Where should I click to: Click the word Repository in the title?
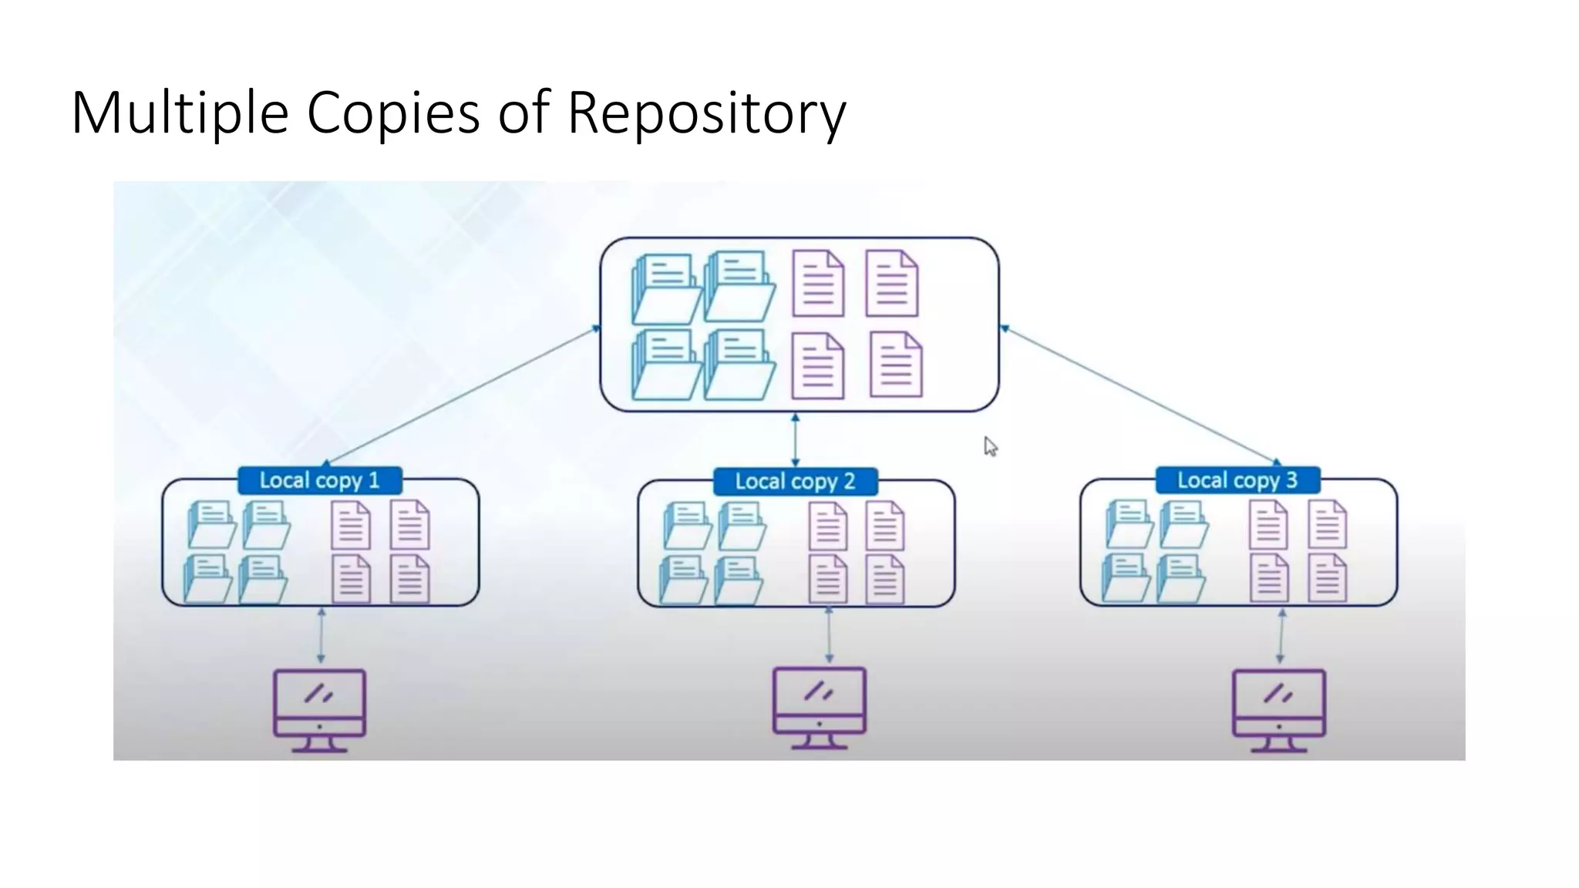[706, 113]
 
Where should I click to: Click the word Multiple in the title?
[179, 113]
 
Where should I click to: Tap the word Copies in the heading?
[392, 113]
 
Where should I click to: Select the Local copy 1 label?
[319, 481]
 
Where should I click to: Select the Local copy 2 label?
[795, 482]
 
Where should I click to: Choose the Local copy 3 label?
[1237, 480]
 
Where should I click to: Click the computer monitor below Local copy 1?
[319, 709]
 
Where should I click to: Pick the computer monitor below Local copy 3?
[1278, 709]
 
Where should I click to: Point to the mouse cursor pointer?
[990, 446]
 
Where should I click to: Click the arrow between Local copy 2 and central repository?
[795, 440]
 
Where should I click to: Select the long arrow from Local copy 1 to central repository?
[460, 396]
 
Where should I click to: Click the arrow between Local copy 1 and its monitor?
[321, 636]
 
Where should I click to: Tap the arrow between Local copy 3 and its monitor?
[1281, 636]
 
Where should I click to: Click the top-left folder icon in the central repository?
[665, 288]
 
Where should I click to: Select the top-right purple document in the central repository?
[892, 284]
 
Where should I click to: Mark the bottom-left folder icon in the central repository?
[665, 365]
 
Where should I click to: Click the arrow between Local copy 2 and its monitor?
[829, 634]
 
